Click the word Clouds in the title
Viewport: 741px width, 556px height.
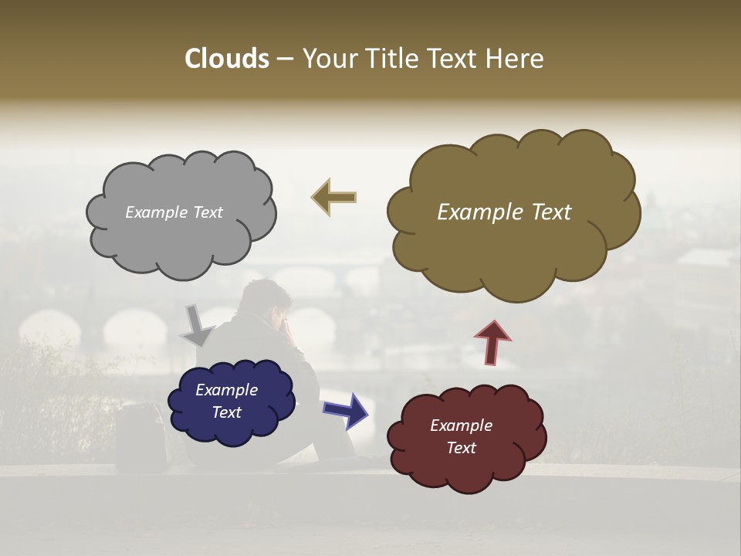(x=226, y=59)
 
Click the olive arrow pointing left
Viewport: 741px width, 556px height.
(x=333, y=198)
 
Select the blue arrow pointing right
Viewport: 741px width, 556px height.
(x=346, y=410)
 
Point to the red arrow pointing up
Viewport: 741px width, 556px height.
(x=493, y=342)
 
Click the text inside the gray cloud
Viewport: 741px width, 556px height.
(x=174, y=212)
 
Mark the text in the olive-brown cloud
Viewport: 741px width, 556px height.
(x=504, y=212)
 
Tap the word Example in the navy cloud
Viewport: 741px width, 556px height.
(x=226, y=390)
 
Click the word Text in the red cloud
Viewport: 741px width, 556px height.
(x=461, y=448)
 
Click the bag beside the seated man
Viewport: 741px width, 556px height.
(x=141, y=436)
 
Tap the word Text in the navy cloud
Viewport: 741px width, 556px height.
(x=226, y=412)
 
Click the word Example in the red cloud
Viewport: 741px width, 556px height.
(x=461, y=425)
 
